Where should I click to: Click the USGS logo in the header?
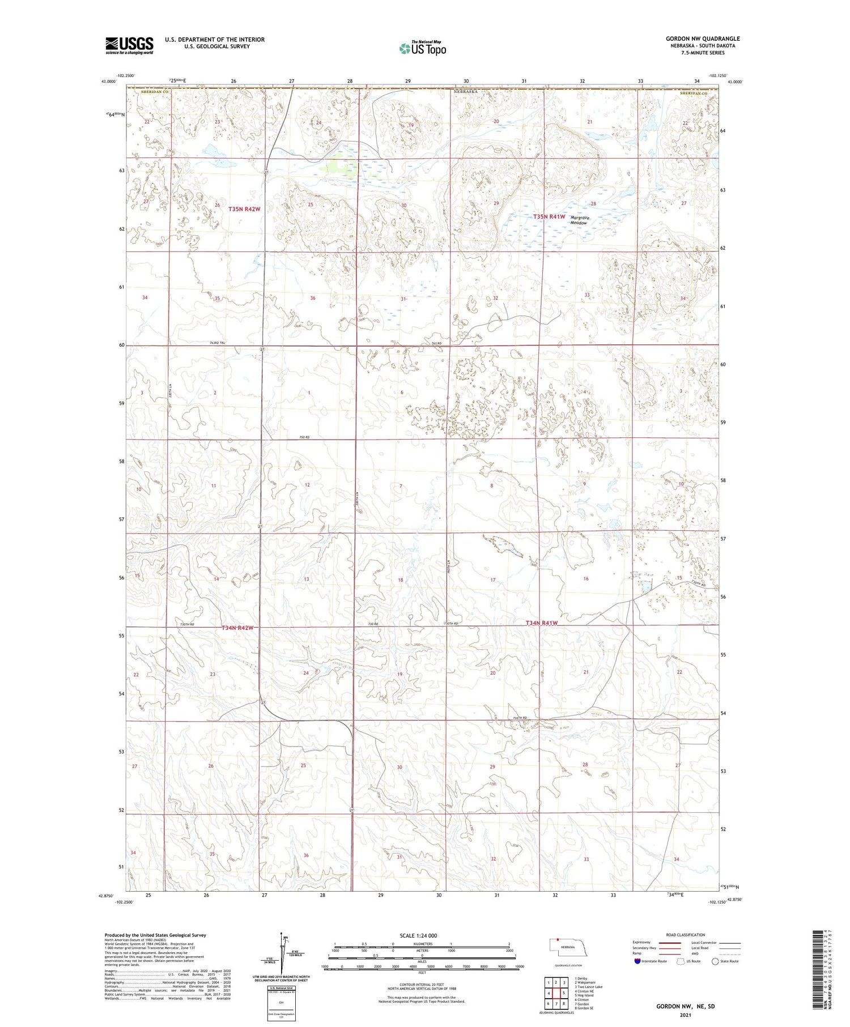[129, 45]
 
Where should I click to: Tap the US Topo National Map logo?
[423, 48]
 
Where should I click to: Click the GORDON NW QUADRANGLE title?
[702, 39]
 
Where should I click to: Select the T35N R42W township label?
[244, 209]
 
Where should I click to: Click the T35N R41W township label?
[549, 216]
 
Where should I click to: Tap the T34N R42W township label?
[237, 628]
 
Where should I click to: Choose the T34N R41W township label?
[542, 623]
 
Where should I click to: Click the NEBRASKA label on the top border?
[465, 91]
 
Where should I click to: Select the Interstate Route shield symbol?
[637, 961]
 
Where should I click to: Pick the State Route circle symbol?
[715, 961]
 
